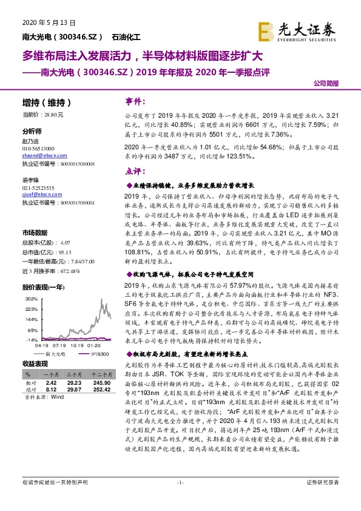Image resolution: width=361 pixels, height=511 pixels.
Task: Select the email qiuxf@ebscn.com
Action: pyautogui.click(x=36, y=195)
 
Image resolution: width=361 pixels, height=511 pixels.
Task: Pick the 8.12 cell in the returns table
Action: pyautogui.click(x=51, y=390)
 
